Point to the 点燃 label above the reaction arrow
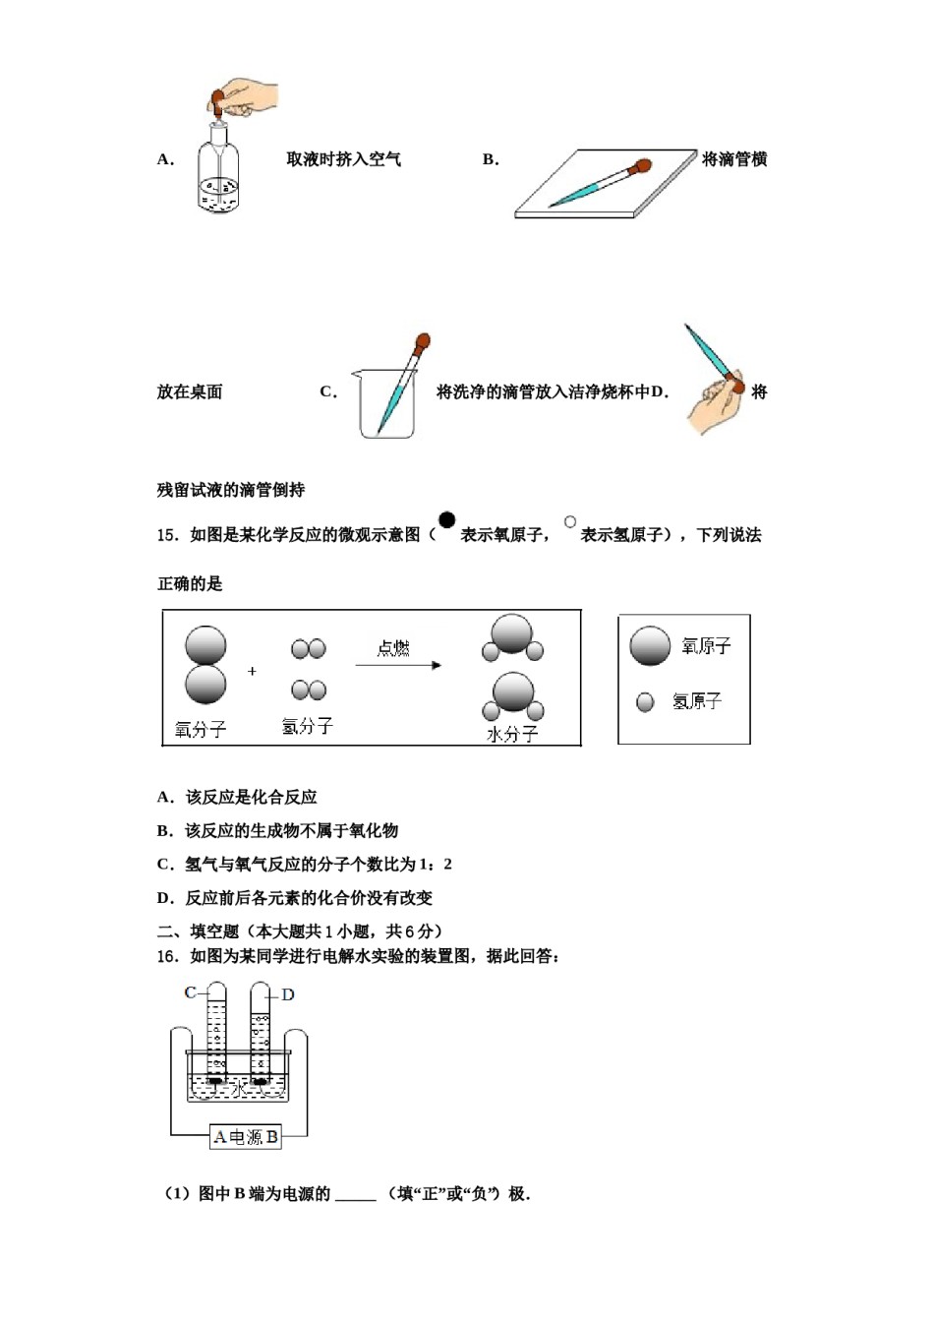pyautogui.click(x=393, y=648)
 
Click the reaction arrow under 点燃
pyautogui.click(x=398, y=666)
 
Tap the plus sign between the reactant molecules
pyautogui.click(x=253, y=671)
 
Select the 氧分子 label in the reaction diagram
pyautogui.click(x=201, y=729)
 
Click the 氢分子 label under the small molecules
pyautogui.click(x=307, y=726)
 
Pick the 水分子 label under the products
pyautogui.click(x=512, y=734)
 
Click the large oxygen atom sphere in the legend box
pyautogui.click(x=650, y=646)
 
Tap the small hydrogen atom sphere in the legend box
pyautogui.click(x=645, y=701)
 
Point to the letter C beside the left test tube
pyautogui.click(x=190, y=992)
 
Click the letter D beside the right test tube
pyautogui.click(x=288, y=994)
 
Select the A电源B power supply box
pyautogui.click(x=246, y=1137)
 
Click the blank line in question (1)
pyautogui.click(x=356, y=1195)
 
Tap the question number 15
pyautogui.click(x=167, y=535)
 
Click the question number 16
pyautogui.click(x=167, y=956)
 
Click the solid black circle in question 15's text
pyautogui.click(x=447, y=521)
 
